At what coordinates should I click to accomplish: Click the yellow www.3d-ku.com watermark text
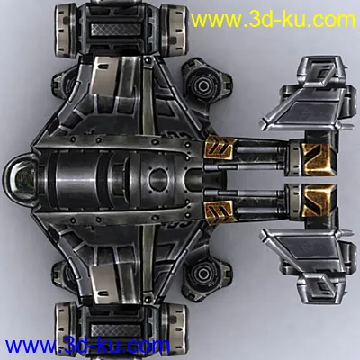click(273, 21)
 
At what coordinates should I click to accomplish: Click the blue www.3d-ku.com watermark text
click(87, 346)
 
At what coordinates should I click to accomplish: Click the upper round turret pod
click(203, 86)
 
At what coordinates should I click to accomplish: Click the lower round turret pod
click(203, 273)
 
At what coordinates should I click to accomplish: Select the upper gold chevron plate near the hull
click(219, 147)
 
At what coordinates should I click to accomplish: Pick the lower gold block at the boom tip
click(318, 200)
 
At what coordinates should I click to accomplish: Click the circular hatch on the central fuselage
click(158, 179)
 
